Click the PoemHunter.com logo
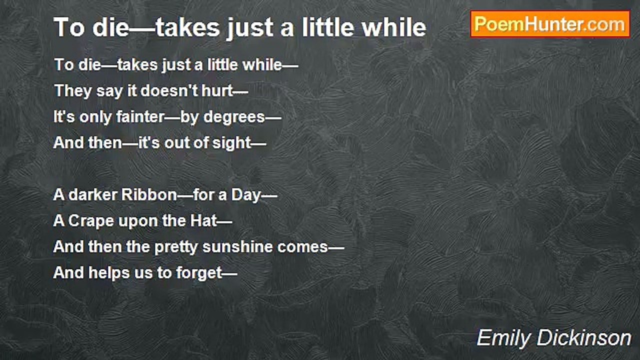click(x=550, y=24)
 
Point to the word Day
click(x=246, y=195)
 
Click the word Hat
click(x=205, y=220)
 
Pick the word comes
click(x=305, y=247)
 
